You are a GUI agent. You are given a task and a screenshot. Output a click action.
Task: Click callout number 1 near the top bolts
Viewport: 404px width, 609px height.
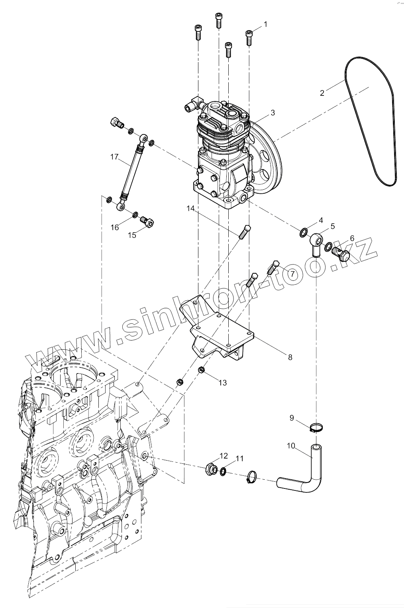(x=265, y=24)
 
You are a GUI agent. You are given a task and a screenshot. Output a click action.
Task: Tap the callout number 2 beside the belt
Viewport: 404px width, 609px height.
(x=322, y=93)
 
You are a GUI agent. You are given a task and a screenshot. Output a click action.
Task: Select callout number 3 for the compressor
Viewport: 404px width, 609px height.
(x=273, y=113)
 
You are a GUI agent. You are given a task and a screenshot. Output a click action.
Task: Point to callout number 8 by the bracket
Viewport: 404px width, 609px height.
(x=290, y=357)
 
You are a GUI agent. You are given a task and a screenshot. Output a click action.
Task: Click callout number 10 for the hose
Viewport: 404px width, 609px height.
(x=291, y=446)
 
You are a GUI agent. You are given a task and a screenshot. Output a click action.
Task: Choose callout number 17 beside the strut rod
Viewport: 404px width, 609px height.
(x=114, y=157)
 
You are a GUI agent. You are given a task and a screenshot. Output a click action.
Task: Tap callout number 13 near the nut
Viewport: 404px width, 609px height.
(x=222, y=383)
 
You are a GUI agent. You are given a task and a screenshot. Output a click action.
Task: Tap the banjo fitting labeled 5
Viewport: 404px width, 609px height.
(x=316, y=240)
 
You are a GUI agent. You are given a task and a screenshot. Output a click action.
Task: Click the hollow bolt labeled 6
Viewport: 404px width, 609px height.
(x=340, y=253)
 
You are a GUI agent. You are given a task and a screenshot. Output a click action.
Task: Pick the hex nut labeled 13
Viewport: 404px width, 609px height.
(x=202, y=371)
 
